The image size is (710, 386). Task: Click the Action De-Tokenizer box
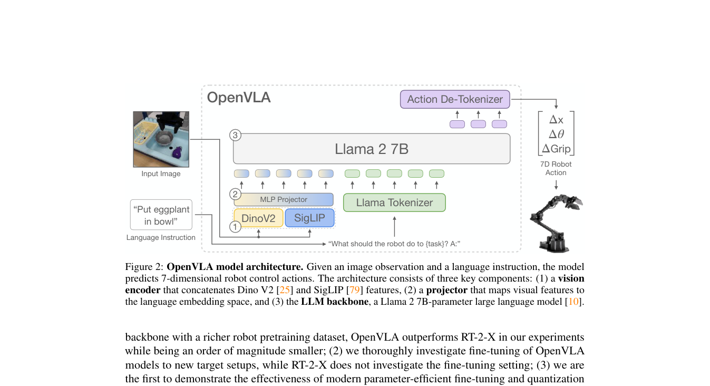click(455, 99)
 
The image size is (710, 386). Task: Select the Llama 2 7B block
click(372, 149)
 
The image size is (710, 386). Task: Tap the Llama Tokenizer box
click(394, 202)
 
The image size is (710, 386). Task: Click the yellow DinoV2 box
click(258, 218)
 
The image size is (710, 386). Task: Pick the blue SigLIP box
click(310, 218)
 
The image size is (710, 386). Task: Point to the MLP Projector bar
click(284, 199)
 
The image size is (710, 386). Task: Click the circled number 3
click(235, 135)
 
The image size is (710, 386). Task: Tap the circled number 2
click(235, 194)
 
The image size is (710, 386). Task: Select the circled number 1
click(235, 227)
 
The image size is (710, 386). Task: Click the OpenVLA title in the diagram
click(239, 98)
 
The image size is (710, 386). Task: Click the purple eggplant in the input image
click(177, 152)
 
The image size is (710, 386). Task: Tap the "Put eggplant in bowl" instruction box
click(161, 215)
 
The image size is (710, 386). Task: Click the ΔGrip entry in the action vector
click(556, 148)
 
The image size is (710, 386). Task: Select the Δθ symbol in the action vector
click(556, 134)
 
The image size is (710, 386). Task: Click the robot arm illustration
click(556, 223)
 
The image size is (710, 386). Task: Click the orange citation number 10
click(573, 302)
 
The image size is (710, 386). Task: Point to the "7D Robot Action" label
click(556, 168)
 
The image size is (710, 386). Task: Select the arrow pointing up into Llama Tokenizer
click(394, 226)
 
